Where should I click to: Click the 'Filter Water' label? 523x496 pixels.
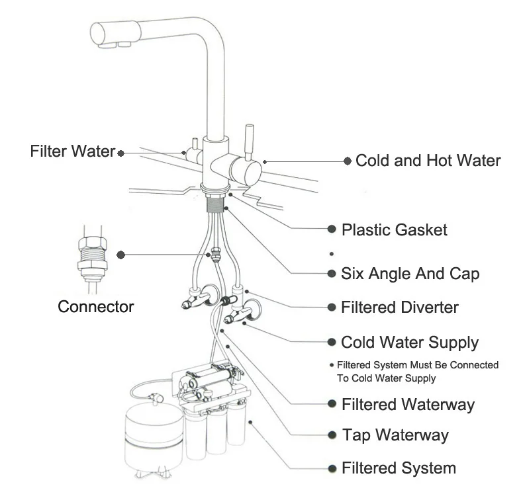[73, 151]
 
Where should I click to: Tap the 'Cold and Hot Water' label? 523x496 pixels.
[428, 160]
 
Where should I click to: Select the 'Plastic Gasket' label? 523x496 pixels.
[394, 229]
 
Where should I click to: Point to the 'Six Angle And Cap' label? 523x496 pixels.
[410, 272]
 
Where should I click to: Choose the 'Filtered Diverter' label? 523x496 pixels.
[399, 308]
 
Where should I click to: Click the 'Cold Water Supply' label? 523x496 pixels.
[409, 343]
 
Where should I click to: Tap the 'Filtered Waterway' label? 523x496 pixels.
[408, 403]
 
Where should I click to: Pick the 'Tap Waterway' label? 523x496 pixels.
[395, 435]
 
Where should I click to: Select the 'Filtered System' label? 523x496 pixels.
[398, 468]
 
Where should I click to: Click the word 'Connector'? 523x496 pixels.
[96, 307]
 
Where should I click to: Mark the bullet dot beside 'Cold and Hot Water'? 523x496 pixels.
[347, 161]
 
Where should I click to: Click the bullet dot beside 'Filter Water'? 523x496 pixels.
[121, 153]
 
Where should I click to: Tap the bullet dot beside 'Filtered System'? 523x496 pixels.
[332, 468]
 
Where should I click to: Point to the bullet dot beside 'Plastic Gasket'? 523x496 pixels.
[332, 229]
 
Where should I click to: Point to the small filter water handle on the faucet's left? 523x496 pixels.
[195, 144]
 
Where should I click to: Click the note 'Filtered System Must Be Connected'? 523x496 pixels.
[417, 365]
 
